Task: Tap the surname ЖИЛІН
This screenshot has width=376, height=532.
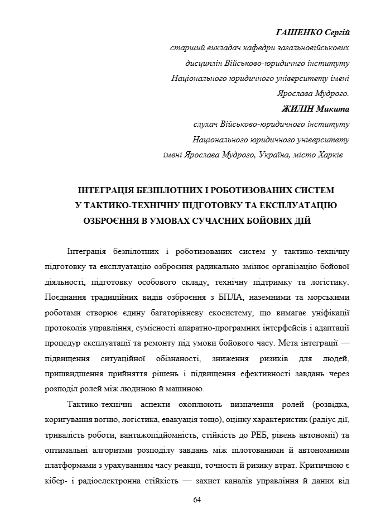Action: click(x=300, y=109)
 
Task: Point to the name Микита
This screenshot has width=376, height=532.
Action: click(x=332, y=109)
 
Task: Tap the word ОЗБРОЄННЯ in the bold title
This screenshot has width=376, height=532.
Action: click(x=112, y=221)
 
